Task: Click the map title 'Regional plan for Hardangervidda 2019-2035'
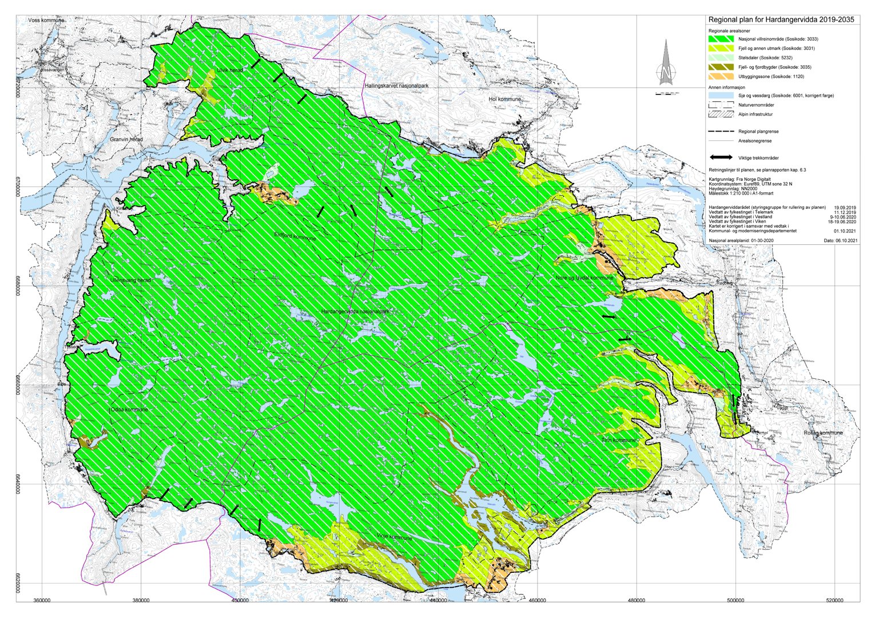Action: [x=781, y=20]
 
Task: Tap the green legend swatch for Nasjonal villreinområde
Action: [x=721, y=39]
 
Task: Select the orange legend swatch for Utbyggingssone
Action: [x=721, y=76]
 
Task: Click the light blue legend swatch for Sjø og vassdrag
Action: [x=721, y=96]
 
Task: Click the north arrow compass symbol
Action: [x=665, y=66]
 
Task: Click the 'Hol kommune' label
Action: [x=504, y=99]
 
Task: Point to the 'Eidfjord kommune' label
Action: [x=295, y=236]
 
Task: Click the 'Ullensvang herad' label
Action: [x=130, y=280]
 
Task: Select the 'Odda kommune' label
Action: [x=129, y=410]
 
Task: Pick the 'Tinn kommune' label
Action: [x=619, y=440]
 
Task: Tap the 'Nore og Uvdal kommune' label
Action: [x=584, y=278]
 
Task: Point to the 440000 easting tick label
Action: [x=438, y=600]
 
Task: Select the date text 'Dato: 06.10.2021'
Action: [x=841, y=241]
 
